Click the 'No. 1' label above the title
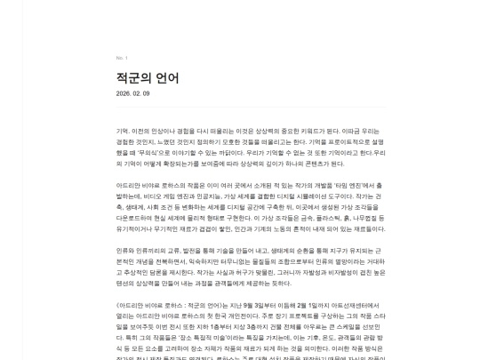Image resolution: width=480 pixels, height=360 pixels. pos(121,58)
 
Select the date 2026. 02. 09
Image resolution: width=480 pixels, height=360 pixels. pos(132,93)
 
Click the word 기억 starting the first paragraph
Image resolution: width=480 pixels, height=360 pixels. pos(122,130)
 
